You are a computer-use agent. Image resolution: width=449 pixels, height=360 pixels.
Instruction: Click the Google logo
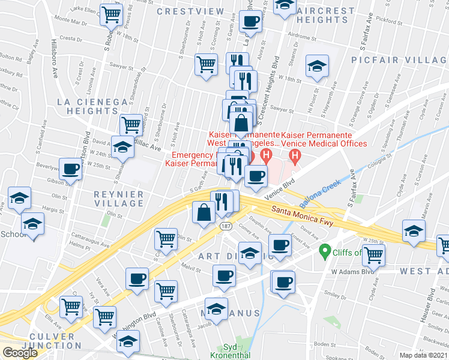20,353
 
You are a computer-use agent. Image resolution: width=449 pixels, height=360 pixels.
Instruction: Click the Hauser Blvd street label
430,305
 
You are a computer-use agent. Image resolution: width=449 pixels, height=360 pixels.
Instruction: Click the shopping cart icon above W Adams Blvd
373,254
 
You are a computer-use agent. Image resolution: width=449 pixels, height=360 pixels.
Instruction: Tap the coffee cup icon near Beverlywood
70,169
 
